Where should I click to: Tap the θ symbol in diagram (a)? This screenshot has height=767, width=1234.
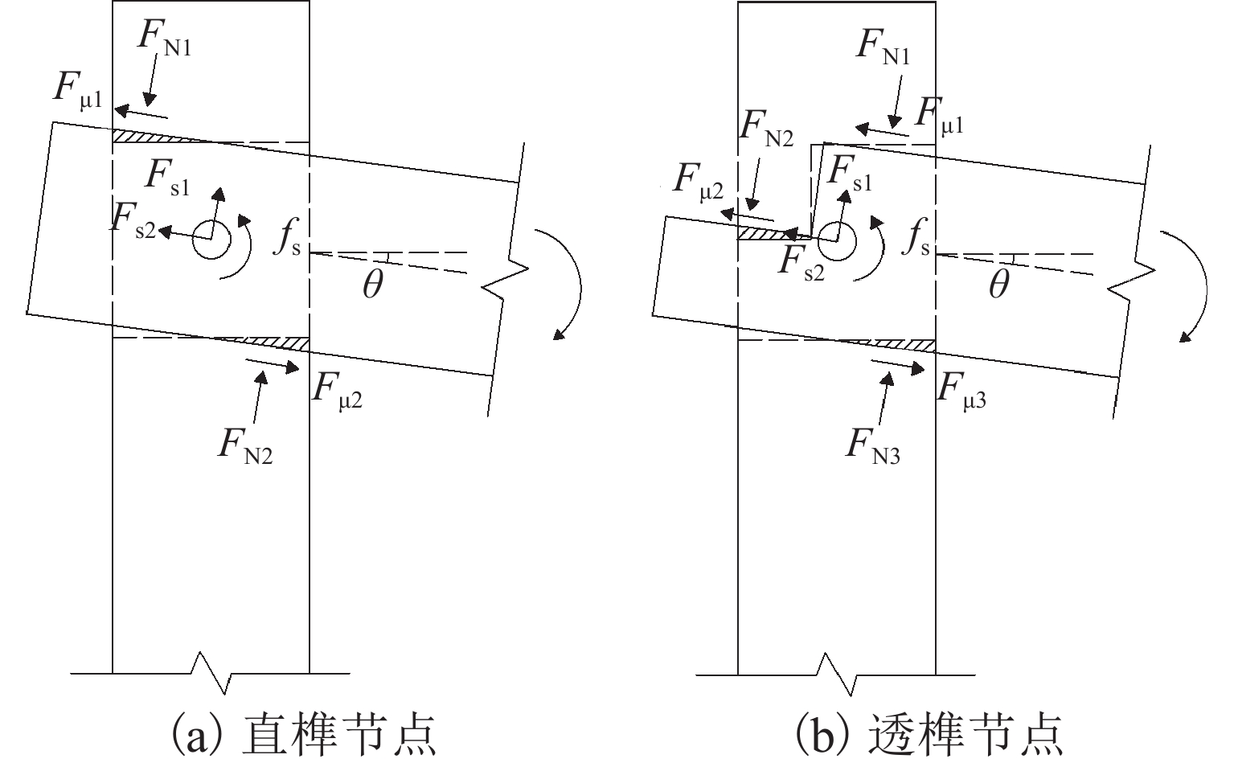coord(371,285)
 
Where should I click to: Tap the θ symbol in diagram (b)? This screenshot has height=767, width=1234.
coord(998,285)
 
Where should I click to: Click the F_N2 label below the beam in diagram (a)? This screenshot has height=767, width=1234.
coord(244,446)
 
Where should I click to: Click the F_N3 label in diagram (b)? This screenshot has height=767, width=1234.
coord(871,446)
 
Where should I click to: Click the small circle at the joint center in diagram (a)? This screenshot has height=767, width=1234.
coord(211,240)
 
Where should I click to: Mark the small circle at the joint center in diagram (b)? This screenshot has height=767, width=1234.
coord(836,240)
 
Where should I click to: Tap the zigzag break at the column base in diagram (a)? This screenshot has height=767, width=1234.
coord(211,673)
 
